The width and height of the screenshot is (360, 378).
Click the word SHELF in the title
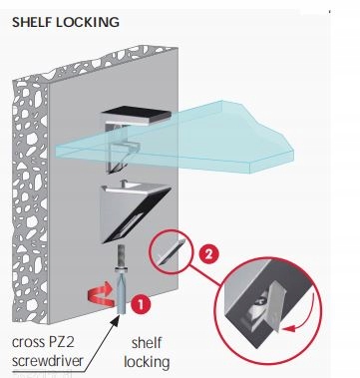(32, 22)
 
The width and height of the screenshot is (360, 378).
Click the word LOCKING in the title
(88, 22)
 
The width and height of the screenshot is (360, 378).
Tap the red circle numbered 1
(141, 304)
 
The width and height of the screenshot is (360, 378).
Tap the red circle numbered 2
(208, 254)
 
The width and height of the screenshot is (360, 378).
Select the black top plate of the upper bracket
(137, 114)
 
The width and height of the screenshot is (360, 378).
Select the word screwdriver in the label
(47, 361)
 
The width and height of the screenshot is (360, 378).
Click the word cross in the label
(27, 343)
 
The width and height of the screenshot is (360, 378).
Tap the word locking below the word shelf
(147, 362)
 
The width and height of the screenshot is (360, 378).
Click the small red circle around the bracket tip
(171, 251)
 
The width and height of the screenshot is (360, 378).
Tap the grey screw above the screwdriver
(121, 255)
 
